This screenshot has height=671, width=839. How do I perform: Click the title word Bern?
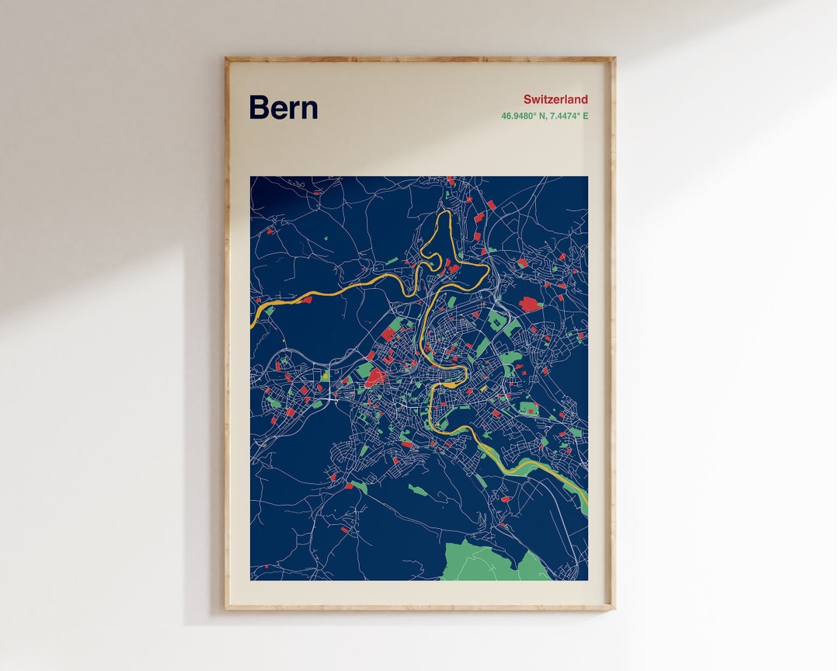pyautogui.click(x=283, y=108)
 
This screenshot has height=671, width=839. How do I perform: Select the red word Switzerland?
pyautogui.click(x=555, y=99)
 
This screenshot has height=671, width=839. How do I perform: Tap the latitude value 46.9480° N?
pyautogui.click(x=524, y=116)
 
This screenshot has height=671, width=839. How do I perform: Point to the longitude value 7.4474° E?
pyautogui.click(x=569, y=116)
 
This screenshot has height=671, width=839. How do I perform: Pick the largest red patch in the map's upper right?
pyautogui.click(x=531, y=304)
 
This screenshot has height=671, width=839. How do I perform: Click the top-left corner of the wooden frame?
pyautogui.click(x=226, y=57)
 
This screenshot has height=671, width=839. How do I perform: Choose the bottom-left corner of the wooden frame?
pyautogui.click(x=226, y=608)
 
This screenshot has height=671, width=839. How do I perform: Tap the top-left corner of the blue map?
pyautogui.click(x=251, y=177)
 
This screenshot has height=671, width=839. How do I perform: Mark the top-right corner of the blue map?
pyautogui.click(x=587, y=177)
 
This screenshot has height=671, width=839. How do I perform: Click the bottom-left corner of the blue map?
pyautogui.click(x=251, y=579)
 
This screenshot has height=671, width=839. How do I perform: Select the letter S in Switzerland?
pyautogui.click(x=527, y=99)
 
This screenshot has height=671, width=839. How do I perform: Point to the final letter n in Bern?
pyautogui.click(x=310, y=110)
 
